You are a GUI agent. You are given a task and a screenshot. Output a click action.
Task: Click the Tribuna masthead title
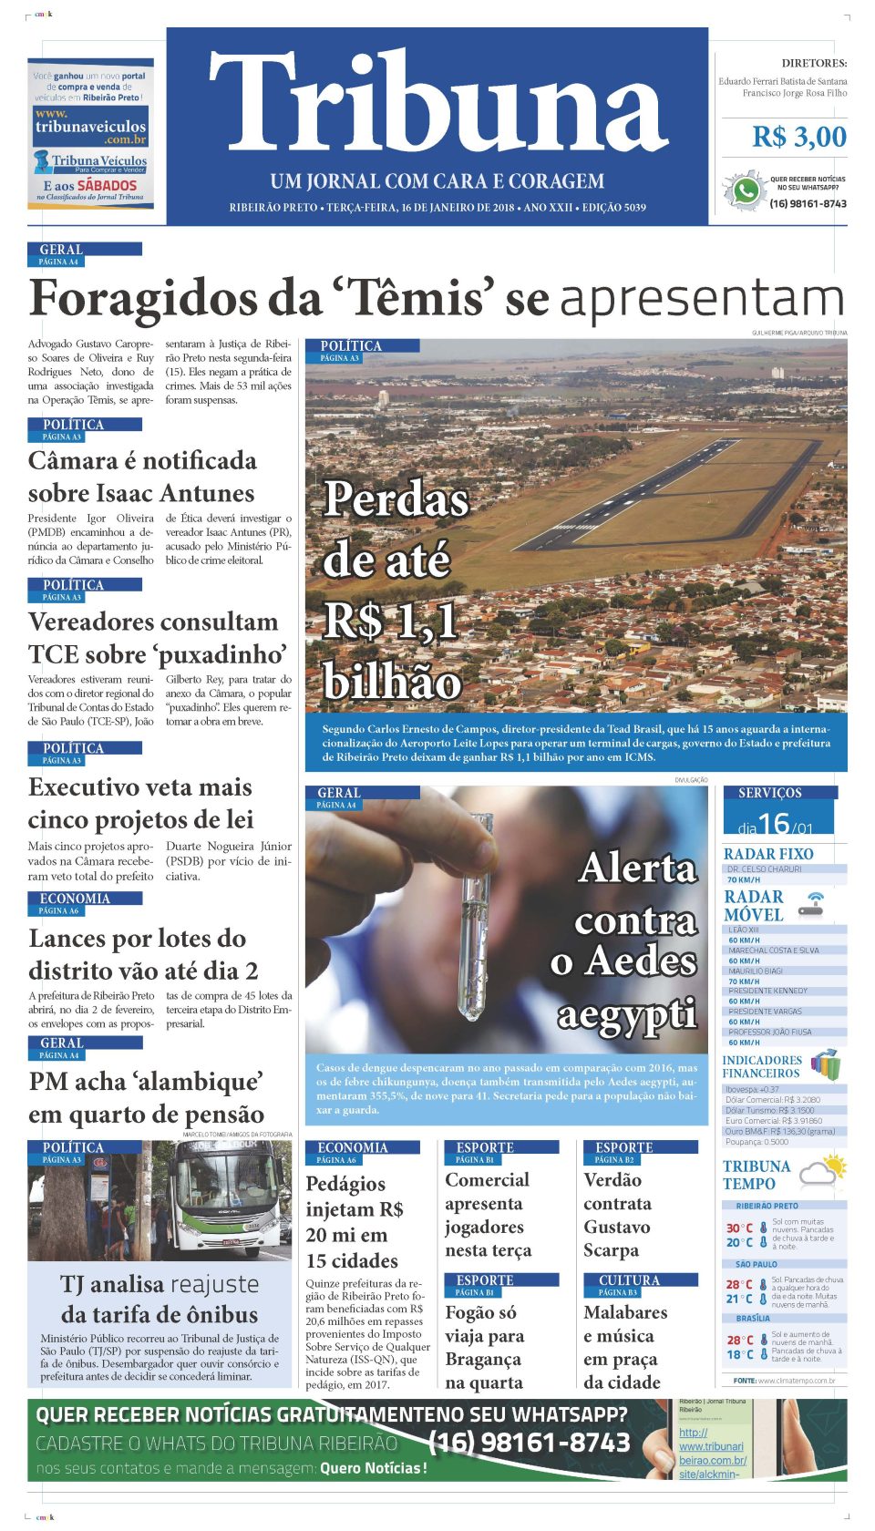point(437,102)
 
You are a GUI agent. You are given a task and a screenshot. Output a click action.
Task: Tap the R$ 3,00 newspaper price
point(798,137)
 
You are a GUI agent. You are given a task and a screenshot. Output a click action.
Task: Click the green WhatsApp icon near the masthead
point(745,191)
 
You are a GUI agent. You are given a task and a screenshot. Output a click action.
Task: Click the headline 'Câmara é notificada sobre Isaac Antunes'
point(141,477)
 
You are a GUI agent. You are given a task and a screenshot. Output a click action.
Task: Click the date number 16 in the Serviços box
point(773,824)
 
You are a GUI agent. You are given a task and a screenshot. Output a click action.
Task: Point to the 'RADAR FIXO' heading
point(767,854)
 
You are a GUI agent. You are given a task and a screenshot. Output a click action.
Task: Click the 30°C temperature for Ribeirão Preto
point(739,1228)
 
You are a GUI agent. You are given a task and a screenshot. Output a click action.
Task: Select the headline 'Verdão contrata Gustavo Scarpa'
point(616,1215)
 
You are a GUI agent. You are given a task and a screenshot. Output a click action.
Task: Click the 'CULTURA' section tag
point(628,1280)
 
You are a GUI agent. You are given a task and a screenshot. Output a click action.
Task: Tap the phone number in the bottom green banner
point(529,1442)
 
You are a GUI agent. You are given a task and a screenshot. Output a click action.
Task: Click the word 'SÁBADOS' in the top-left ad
point(107,185)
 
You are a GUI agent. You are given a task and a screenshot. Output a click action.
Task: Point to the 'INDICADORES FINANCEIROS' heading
point(761,1066)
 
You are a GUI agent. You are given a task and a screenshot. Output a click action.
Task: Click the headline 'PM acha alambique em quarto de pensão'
point(146,1098)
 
